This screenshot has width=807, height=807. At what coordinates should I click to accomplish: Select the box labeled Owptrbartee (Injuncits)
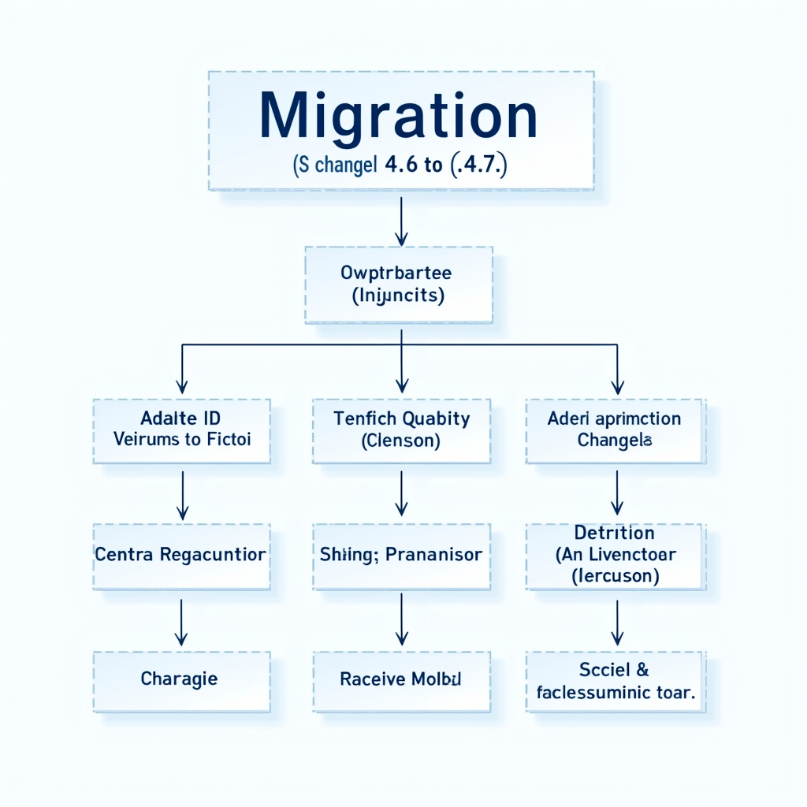(x=399, y=284)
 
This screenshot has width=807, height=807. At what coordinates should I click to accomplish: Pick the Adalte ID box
(x=182, y=430)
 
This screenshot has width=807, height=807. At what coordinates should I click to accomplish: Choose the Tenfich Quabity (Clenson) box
(x=401, y=430)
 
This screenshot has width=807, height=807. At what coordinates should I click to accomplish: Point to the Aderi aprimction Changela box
(x=615, y=430)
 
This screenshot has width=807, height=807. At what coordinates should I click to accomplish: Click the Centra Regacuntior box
(x=181, y=556)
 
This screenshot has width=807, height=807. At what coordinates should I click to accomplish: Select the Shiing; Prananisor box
(x=401, y=556)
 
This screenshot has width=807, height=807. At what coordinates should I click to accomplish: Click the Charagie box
(x=181, y=679)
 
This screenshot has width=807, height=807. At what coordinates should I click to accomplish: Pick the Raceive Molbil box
(x=401, y=679)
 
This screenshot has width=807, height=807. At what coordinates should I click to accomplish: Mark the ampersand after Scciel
(x=641, y=670)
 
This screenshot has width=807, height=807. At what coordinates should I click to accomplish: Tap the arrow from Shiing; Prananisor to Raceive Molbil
(x=401, y=621)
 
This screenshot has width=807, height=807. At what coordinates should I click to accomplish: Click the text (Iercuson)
(x=615, y=576)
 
